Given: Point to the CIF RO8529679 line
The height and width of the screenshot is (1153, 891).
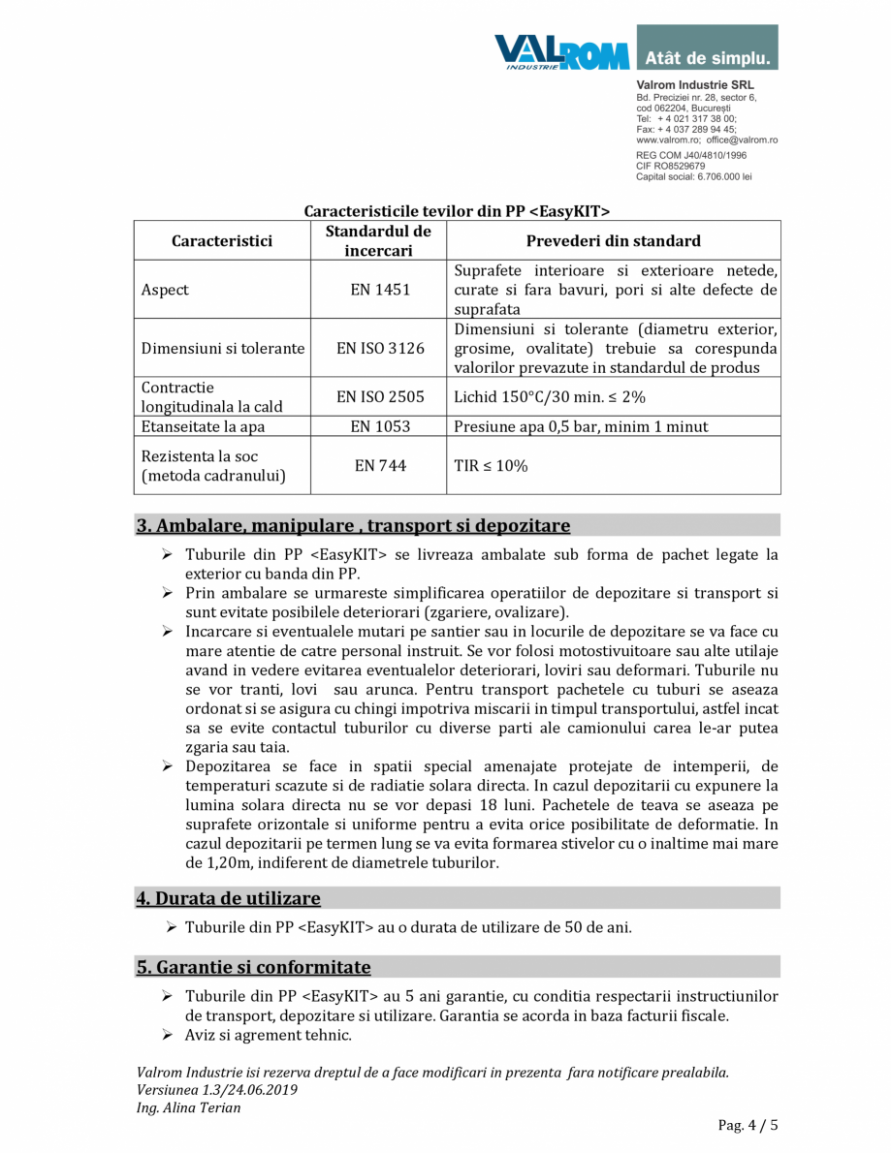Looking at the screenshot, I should pyautogui.click(x=671, y=166).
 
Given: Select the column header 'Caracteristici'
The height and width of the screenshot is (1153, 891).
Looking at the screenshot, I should pyautogui.click(x=222, y=241).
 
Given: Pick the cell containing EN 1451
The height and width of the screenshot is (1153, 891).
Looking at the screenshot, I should pyautogui.click(x=380, y=290).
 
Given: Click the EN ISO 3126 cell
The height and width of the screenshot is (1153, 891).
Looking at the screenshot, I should pyautogui.click(x=380, y=349).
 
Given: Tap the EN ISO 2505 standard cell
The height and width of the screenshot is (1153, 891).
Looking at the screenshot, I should pyautogui.click(x=380, y=397).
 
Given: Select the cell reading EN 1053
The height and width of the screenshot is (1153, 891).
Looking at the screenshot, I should pyautogui.click(x=380, y=426).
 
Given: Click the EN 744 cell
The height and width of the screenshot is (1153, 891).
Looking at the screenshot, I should pyautogui.click(x=380, y=466).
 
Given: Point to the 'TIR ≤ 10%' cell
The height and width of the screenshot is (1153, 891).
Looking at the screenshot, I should pyautogui.click(x=491, y=466).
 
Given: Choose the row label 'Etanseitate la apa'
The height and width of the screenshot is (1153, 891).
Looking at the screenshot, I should pyautogui.click(x=203, y=426).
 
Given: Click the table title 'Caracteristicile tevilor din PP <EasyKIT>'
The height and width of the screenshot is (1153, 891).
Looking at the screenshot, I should pyautogui.click(x=457, y=210).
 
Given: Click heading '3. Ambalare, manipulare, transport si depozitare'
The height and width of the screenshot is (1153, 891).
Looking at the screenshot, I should pyautogui.click(x=353, y=526).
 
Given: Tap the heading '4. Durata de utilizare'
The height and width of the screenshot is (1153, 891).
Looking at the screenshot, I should pyautogui.click(x=228, y=898).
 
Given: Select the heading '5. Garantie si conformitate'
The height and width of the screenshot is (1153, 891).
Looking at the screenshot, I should pyautogui.click(x=253, y=967).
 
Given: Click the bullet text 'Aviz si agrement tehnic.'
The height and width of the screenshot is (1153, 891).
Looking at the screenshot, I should pyautogui.click(x=268, y=1036).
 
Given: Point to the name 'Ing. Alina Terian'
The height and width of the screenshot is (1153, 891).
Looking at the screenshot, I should pyautogui.click(x=189, y=1107).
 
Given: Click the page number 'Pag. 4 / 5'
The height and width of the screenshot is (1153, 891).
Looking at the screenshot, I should pyautogui.click(x=748, y=1125).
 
